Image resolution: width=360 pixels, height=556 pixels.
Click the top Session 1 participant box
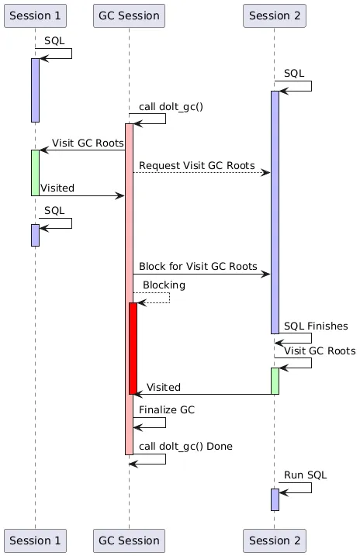[x=35, y=15]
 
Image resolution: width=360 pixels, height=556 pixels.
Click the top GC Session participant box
[x=129, y=15]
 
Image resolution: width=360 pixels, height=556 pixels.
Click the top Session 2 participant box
[x=274, y=15]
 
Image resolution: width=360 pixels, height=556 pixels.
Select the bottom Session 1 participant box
[x=35, y=540]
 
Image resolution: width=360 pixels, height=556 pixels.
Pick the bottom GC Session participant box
[x=129, y=540]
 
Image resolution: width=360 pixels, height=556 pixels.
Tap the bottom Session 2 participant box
[x=274, y=540]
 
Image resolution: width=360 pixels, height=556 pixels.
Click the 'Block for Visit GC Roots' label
[x=198, y=266]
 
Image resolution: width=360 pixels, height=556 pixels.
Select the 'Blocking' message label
[x=164, y=285]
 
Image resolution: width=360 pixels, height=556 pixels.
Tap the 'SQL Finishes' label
[x=316, y=326]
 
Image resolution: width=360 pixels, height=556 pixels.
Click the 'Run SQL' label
[x=304, y=475]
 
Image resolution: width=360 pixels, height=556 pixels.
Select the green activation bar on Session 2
[x=275, y=380]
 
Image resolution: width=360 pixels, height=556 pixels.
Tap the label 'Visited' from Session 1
[x=57, y=188]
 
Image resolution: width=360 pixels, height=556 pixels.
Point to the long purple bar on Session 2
[x=275, y=209]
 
